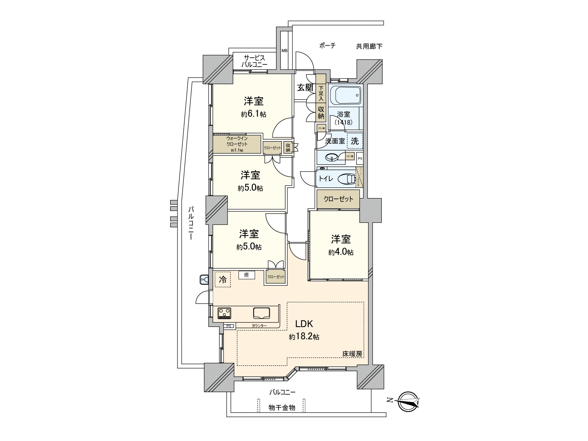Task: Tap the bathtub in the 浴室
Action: (346, 95)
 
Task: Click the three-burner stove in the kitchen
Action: (224, 313)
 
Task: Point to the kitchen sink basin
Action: (261, 313)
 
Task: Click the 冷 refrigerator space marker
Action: (223, 279)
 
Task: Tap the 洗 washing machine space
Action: (355, 141)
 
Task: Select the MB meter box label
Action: (284, 50)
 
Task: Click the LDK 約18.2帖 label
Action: (304, 330)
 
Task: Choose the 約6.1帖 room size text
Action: (254, 114)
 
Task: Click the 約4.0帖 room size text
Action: (341, 252)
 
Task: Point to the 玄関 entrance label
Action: (305, 87)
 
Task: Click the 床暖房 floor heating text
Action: (352, 354)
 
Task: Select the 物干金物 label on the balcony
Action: (282, 408)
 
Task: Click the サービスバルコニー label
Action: (254, 61)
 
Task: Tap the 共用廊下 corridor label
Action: (369, 46)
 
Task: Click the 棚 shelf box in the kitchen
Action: (246, 275)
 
